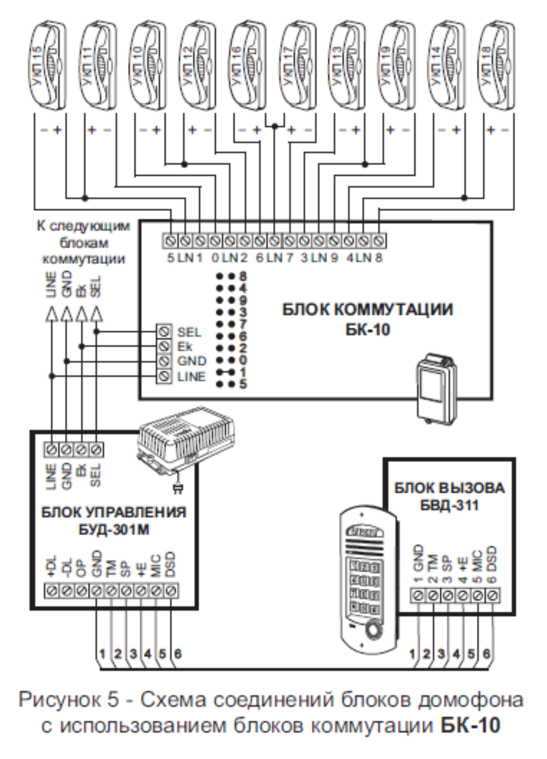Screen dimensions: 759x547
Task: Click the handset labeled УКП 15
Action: click(48, 65)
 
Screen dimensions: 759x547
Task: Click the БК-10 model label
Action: click(368, 330)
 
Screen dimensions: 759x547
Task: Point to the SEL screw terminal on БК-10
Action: click(164, 331)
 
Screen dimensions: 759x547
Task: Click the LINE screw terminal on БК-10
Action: click(164, 376)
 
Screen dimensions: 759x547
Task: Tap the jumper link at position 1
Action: click(226, 372)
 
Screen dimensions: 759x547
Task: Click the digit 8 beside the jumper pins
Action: click(243, 276)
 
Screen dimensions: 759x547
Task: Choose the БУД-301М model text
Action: click(114, 529)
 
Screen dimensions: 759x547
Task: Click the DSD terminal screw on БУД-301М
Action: click(171, 591)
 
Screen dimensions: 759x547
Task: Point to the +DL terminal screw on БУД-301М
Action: click(52, 591)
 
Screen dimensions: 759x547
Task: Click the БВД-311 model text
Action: click(449, 505)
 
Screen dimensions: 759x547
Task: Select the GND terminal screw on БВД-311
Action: click(418, 595)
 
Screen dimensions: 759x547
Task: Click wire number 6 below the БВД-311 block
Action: click(486, 653)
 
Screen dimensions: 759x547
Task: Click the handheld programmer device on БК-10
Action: click(436, 389)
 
